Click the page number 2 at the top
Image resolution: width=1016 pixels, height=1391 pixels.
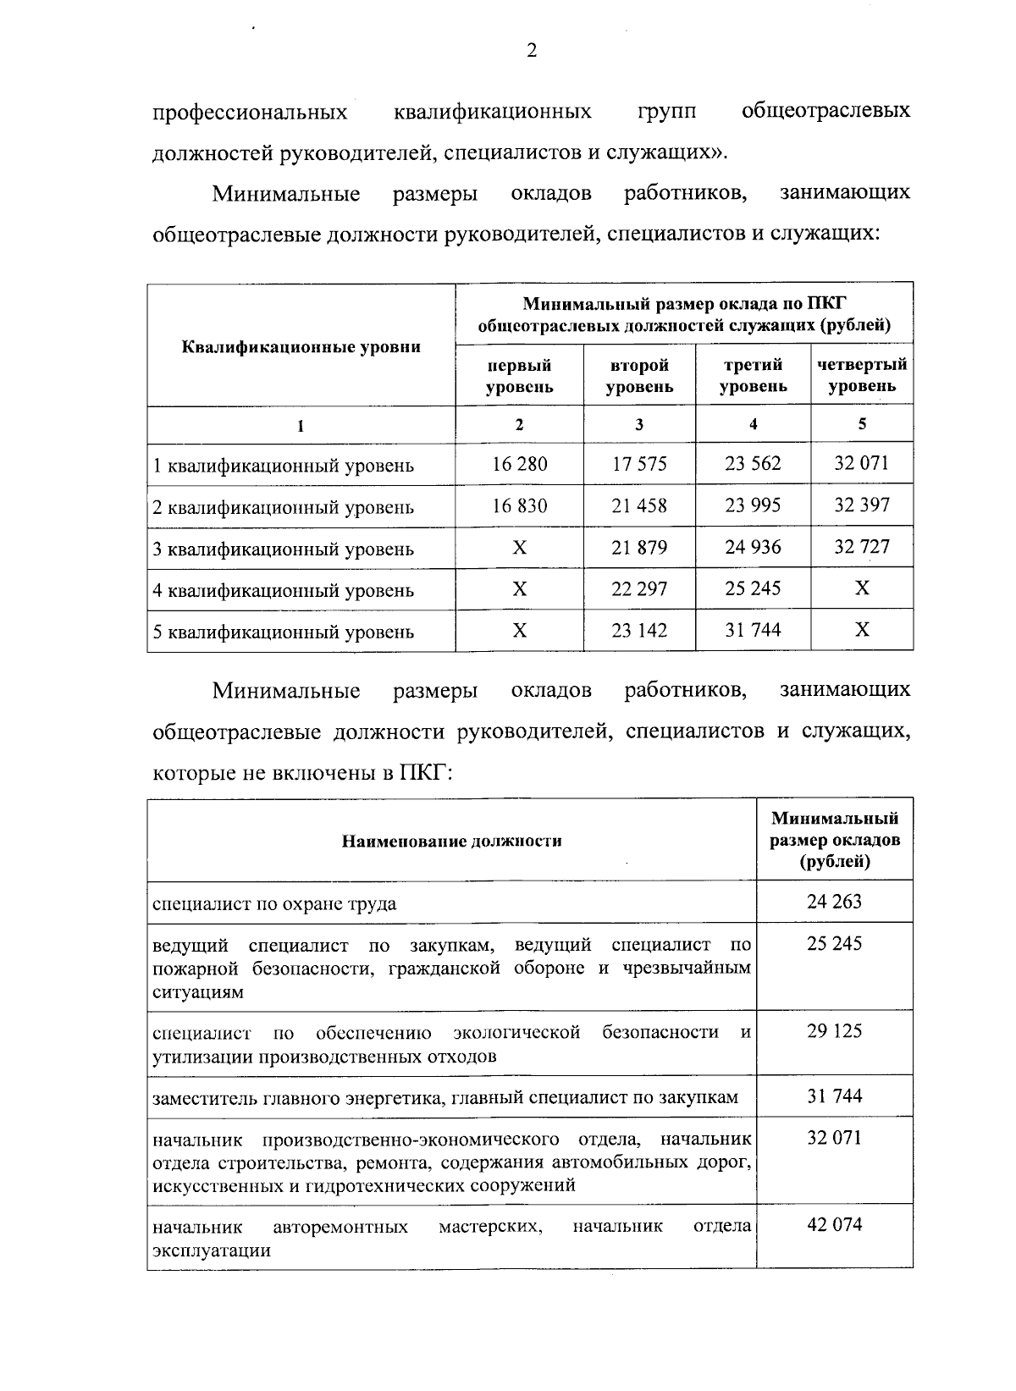(532, 51)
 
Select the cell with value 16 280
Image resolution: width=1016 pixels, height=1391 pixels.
(519, 464)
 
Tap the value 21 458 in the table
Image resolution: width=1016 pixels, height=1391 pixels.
(639, 506)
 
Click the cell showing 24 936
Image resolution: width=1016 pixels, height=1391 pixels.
(753, 547)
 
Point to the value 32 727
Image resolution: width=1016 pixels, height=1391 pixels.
(861, 547)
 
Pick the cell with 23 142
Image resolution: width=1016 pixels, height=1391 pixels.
(639, 631)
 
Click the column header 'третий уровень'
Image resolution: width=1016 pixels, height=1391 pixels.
(753, 376)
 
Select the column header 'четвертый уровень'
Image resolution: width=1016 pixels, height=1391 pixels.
(861, 376)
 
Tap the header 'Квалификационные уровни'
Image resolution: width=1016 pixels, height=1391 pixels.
(301, 346)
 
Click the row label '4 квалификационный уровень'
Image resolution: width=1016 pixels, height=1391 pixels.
(283, 590)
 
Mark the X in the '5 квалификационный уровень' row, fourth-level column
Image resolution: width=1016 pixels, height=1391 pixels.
(861, 630)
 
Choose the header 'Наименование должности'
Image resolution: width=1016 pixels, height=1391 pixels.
(451, 841)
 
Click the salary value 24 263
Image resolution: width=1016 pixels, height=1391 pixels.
(834, 902)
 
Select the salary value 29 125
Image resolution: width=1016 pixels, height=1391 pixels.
(834, 1031)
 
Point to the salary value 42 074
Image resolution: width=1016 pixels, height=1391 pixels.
(834, 1225)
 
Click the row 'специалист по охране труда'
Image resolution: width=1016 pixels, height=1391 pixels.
(274, 903)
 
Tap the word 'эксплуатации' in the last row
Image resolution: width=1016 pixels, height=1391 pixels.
(212, 1250)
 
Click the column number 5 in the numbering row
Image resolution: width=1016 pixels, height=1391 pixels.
(861, 424)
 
